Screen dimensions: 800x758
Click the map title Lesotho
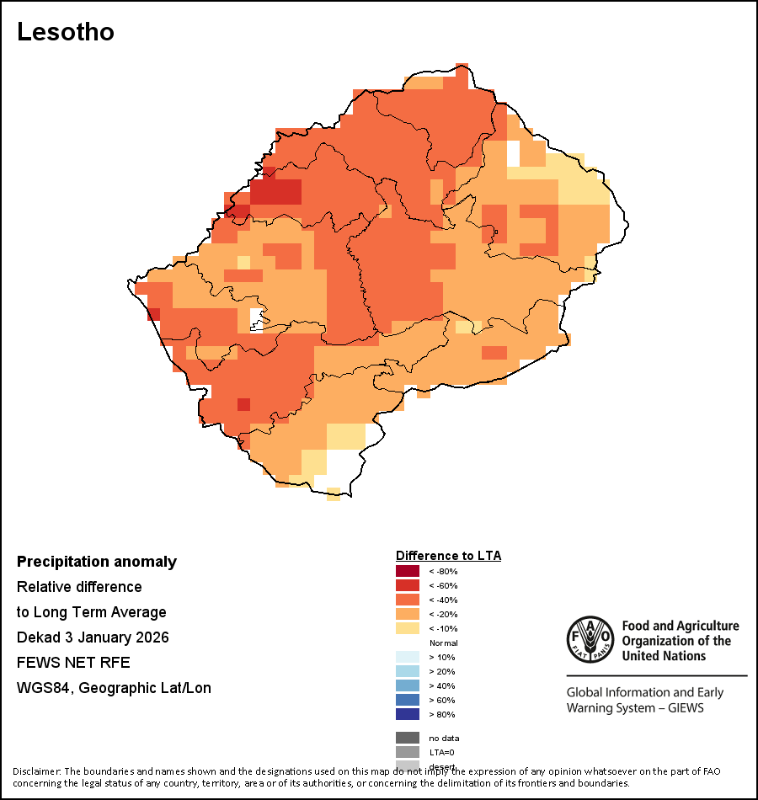66,32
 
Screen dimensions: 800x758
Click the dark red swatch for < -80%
407,572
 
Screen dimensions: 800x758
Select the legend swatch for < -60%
407,586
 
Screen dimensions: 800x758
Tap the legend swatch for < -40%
407,600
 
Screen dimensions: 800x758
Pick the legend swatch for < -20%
407,615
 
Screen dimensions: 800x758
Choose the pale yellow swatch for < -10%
407,629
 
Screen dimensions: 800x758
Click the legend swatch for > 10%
407,658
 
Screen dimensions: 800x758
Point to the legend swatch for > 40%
407,686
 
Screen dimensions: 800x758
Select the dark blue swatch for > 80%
407,715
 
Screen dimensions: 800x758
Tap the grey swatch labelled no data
407,739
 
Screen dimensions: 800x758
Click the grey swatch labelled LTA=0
407,753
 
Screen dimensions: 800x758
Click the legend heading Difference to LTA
448,556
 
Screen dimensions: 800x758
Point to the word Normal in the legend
443,643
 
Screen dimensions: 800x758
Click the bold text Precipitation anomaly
97,562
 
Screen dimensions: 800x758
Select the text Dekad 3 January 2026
93,637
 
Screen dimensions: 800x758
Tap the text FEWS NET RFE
73,663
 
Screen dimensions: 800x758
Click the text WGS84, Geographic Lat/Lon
114,688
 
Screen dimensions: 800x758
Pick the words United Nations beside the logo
662,656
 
